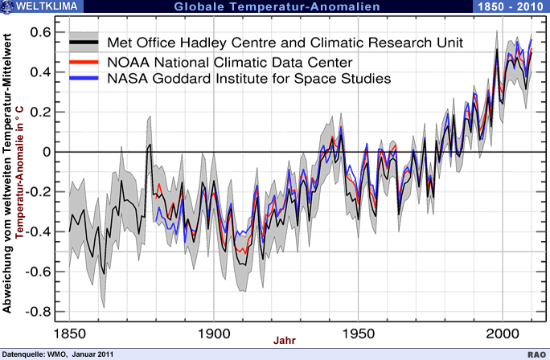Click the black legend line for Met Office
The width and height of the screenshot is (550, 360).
pyautogui.click(x=84, y=42)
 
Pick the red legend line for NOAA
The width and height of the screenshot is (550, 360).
pyautogui.click(x=84, y=60)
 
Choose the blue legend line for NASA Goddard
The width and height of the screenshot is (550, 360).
pyautogui.click(x=84, y=79)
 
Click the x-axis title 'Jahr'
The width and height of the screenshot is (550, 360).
pyautogui.click(x=285, y=341)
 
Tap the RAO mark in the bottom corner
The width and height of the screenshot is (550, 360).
pyautogui.click(x=536, y=354)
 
